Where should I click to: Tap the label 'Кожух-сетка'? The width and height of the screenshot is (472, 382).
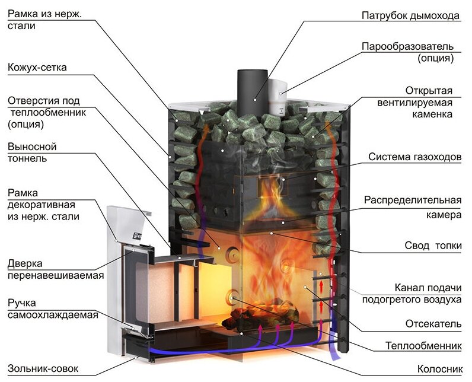(37, 68)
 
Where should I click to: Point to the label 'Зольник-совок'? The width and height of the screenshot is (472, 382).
(43, 368)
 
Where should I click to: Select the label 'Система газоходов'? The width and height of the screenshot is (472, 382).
(414, 157)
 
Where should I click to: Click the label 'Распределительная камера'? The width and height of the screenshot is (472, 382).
(413, 207)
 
